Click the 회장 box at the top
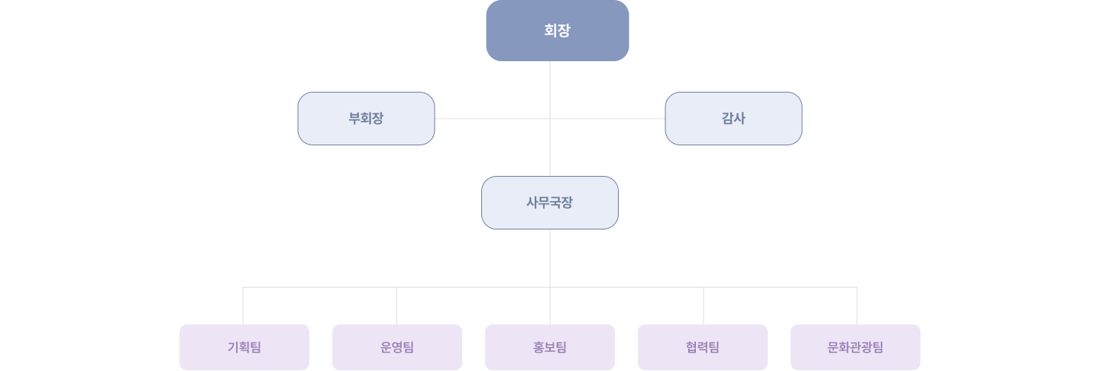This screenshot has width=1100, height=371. (x=557, y=31)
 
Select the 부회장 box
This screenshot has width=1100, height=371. (x=366, y=119)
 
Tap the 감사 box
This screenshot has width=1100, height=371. (x=733, y=119)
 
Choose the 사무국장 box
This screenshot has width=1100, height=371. (x=549, y=203)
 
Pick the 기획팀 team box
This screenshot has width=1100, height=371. (x=244, y=347)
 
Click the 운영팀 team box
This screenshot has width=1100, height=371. (x=397, y=347)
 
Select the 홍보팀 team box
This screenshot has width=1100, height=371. (x=550, y=347)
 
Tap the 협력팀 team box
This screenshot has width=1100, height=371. (x=703, y=347)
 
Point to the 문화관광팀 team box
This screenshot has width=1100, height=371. (x=856, y=347)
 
